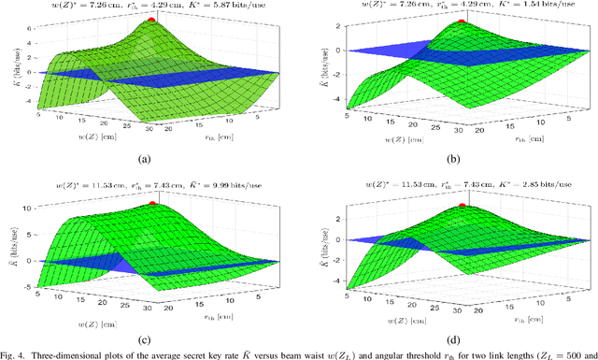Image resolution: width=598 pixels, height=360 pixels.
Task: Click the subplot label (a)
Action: point(146,158)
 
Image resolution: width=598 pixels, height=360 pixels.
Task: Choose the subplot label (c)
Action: point(146,336)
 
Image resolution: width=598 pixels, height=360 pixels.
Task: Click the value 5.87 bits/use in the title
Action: point(241,5)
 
